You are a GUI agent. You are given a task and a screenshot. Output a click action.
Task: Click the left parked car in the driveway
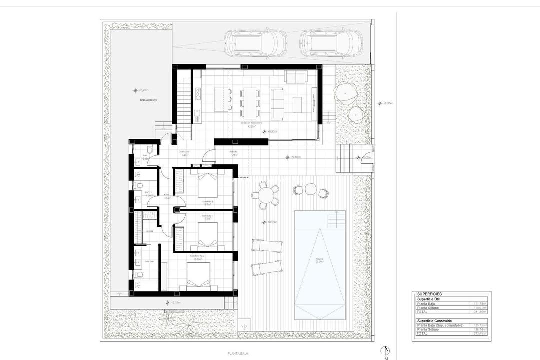click(x=255, y=43)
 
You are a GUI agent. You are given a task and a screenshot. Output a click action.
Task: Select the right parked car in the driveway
click(x=331, y=43)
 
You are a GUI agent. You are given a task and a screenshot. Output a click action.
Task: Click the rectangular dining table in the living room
click(x=249, y=99)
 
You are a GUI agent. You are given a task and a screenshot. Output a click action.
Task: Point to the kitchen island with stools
click(x=221, y=99)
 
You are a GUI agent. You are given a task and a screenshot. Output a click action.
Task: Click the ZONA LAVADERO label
click(x=148, y=100)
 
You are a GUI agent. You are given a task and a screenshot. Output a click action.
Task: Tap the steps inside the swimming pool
click(x=335, y=218)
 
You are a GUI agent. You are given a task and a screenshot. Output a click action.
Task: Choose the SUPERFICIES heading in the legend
click(x=429, y=294)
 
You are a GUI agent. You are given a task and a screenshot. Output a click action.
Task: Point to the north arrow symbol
click(x=385, y=351)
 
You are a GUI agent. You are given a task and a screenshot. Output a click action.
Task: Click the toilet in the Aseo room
click(x=149, y=150)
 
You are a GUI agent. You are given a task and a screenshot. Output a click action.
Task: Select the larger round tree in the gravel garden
click(x=345, y=92)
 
